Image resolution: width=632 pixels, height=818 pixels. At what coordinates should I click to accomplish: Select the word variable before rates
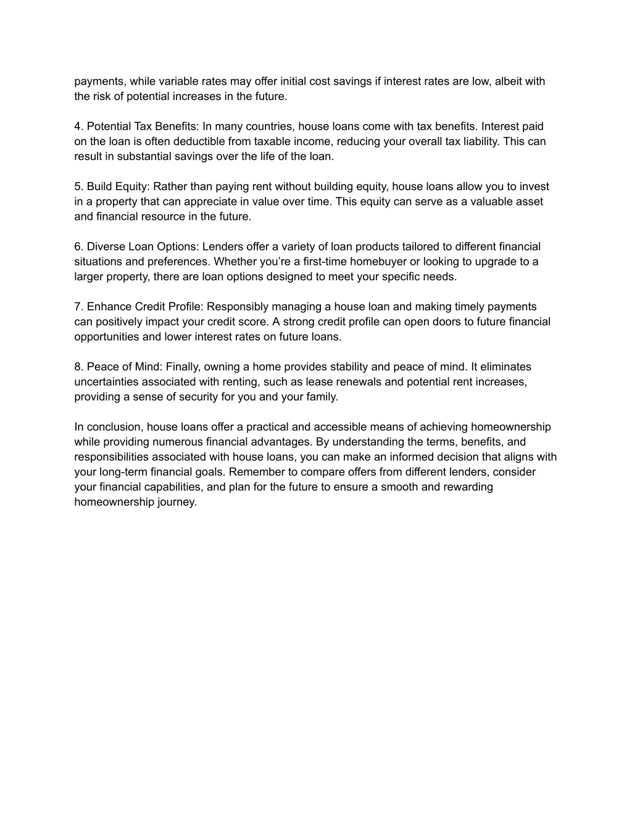(178, 81)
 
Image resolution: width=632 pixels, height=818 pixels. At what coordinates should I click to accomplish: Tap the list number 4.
(78, 127)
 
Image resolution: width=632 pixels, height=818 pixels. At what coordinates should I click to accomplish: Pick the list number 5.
(78, 186)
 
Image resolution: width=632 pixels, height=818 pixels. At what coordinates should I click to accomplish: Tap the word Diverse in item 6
(106, 247)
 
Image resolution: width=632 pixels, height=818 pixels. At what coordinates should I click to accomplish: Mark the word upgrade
(497, 262)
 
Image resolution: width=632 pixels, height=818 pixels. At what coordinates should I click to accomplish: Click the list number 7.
(78, 307)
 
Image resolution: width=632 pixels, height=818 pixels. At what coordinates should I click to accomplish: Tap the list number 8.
(78, 367)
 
